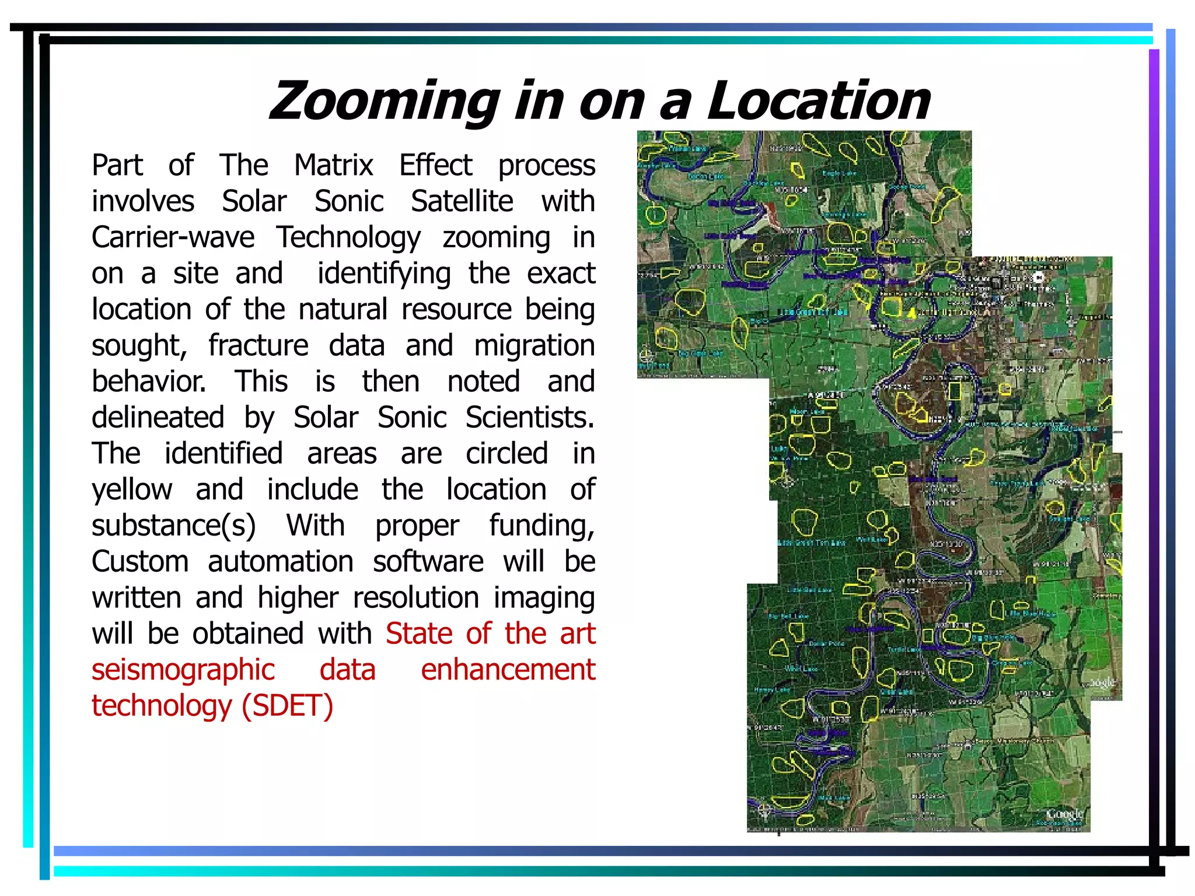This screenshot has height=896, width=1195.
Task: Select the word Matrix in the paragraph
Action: pyautogui.click(x=333, y=165)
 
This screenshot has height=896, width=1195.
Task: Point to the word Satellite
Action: pyautogui.click(x=462, y=201)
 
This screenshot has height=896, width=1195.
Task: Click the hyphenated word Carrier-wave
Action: pyautogui.click(x=173, y=237)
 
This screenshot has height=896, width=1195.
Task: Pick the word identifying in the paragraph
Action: pyautogui.click(x=384, y=274)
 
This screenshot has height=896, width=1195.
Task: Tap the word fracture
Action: pyautogui.click(x=258, y=345)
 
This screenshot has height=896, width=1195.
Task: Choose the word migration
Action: pyautogui.click(x=534, y=345)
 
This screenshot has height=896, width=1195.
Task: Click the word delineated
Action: pyautogui.click(x=158, y=418)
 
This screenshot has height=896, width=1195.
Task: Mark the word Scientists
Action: pyautogui.click(x=530, y=418)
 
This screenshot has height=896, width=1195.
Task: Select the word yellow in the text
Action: pyautogui.click(x=132, y=490)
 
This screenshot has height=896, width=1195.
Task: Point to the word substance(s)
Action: pyautogui.click(x=174, y=526)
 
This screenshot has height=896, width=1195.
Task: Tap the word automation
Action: pyautogui.click(x=281, y=562)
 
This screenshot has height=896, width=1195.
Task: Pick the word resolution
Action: pyautogui.click(x=415, y=598)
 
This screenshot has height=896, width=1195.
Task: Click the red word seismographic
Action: pyautogui.click(x=183, y=670)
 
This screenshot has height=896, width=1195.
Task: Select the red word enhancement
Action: pyautogui.click(x=508, y=670)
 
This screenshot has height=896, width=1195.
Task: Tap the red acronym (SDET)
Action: pyautogui.click(x=288, y=706)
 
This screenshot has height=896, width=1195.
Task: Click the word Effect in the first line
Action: pyautogui.click(x=435, y=165)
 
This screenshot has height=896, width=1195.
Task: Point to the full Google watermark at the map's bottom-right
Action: pyautogui.click(x=1064, y=813)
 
